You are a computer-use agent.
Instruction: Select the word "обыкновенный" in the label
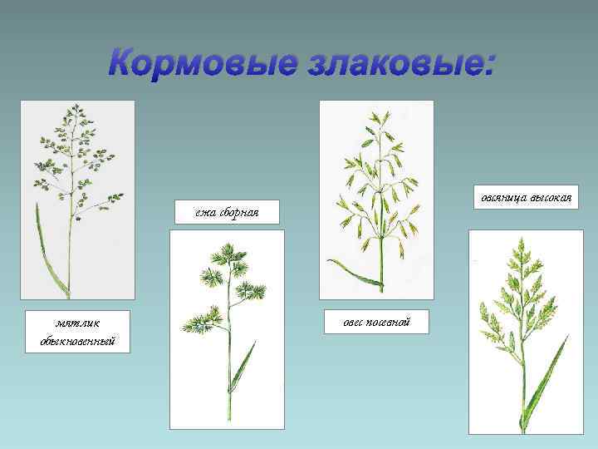77,341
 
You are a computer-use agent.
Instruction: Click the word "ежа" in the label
206,213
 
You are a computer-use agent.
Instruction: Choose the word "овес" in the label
356,321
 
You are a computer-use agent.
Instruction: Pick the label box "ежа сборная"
227,213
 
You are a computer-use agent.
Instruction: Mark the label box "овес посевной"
375,321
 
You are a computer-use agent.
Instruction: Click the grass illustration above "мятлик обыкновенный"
77,200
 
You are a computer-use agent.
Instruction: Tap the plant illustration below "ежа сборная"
227,329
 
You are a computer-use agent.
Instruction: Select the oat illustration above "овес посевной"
376,200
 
